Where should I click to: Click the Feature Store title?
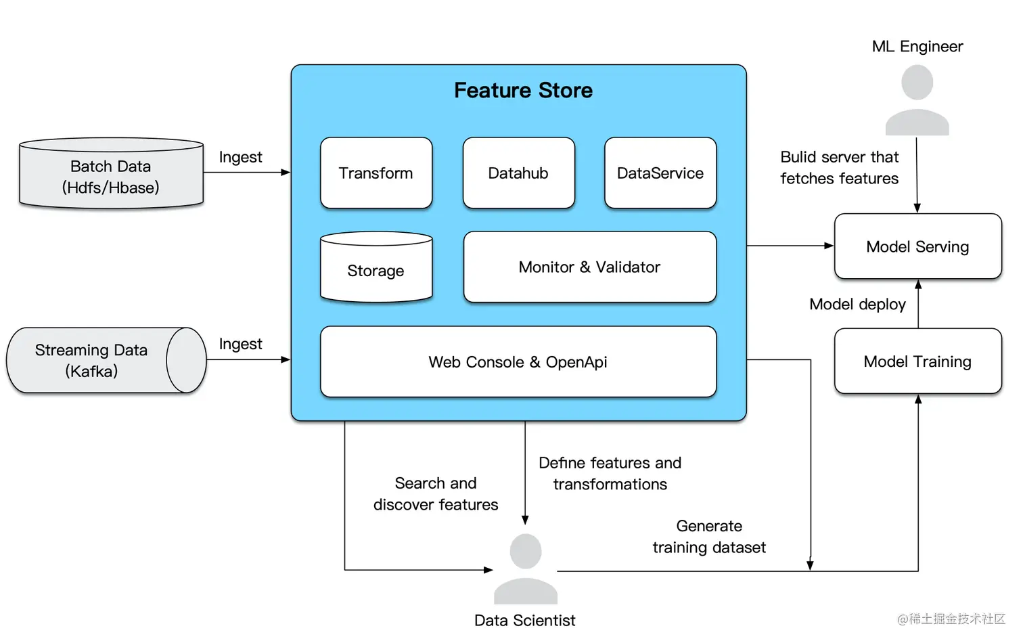point(523,91)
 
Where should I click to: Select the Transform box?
point(376,173)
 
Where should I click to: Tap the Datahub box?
point(518,173)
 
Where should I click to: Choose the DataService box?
point(660,173)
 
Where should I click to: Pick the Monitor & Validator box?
point(589,267)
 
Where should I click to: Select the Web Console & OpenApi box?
point(518,362)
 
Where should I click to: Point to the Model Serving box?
point(917,247)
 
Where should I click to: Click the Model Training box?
point(917,361)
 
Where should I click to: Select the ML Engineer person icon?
point(917,100)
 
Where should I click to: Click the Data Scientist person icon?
point(526,569)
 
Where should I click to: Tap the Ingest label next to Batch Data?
point(240,157)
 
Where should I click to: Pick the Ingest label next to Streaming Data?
point(240,344)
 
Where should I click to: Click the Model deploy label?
point(857,305)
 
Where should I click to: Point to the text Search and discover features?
point(436,494)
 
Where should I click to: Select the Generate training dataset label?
point(709,537)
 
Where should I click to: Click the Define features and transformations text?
point(610,474)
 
